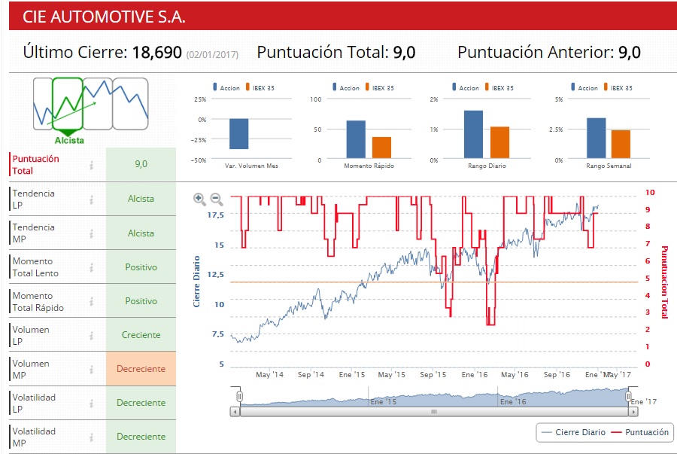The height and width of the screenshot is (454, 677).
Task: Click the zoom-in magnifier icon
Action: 199,199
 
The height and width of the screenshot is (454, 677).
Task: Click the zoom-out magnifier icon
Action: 216,199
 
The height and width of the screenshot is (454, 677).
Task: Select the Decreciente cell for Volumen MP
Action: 141,369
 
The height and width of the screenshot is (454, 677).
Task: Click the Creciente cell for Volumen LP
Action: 141,335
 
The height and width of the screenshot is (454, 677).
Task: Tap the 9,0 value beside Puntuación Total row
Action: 141,164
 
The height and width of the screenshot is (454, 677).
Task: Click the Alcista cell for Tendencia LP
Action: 141,199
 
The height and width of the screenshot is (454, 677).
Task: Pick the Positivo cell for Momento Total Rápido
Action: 141,301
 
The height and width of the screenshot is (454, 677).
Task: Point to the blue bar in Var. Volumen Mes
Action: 239,134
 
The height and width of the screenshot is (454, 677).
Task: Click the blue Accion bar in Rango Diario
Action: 473,135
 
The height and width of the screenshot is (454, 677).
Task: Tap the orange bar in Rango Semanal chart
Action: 621,145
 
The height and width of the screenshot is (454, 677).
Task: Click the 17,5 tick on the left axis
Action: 215,215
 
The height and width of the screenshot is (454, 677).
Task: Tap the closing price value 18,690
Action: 157,53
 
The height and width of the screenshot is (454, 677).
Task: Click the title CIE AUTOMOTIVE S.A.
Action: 104,17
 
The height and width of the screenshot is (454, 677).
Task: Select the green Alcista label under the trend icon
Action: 69,140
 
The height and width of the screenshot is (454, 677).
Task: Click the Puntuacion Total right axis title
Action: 664,282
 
